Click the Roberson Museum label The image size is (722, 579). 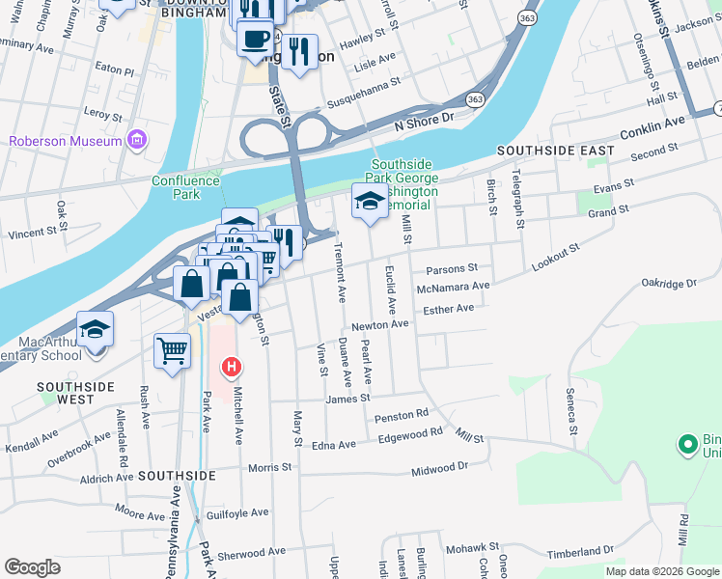[x=66, y=141]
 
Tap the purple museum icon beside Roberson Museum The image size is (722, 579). [x=137, y=141]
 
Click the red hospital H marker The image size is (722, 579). [x=232, y=367]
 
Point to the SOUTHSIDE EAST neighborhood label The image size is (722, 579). [x=555, y=152]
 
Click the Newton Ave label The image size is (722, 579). [x=379, y=326]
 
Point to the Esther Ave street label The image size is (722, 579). [x=448, y=309]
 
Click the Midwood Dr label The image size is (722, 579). [x=438, y=468]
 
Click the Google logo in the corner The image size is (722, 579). [x=31, y=567]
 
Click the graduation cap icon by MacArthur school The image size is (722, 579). [x=95, y=330]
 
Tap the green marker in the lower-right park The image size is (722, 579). [x=687, y=445]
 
